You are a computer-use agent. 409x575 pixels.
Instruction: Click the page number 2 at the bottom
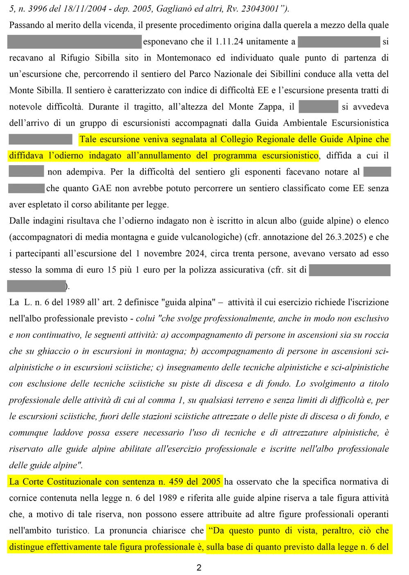tap(199, 567)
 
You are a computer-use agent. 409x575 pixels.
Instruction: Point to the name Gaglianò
tap(184, 9)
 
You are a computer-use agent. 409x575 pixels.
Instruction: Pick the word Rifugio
tap(75, 58)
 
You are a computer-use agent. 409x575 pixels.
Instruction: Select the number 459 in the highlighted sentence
tap(176, 481)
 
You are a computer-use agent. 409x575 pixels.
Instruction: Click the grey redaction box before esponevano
tap(74, 41)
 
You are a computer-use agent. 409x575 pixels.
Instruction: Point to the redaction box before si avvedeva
tap(318, 107)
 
